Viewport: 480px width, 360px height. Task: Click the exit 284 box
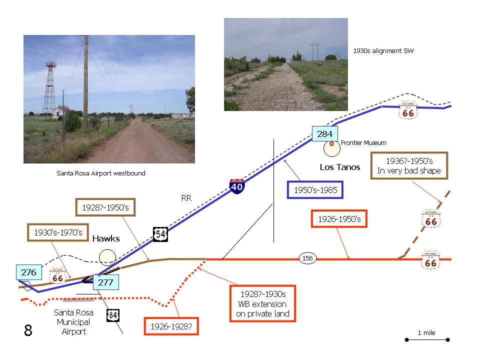pos(325,134)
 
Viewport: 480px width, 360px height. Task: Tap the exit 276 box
pos(29,272)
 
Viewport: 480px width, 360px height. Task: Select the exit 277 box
pos(105,282)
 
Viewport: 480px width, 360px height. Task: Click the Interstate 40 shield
pos(236,186)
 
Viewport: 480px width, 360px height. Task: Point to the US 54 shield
pos(160,234)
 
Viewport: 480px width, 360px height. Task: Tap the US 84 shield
pos(112,315)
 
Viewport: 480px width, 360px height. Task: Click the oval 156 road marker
pos(307,258)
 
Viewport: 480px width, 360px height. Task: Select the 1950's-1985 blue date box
pos(315,190)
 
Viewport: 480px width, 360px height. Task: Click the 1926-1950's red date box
pos(339,219)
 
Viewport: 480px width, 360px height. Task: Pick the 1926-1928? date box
pos(171,326)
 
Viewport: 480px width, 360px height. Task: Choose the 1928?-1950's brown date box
pos(105,207)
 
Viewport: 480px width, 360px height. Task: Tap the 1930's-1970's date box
pos(58,232)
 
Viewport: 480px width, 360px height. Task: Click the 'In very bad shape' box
pos(409,165)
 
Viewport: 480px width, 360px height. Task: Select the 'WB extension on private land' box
pos(262,303)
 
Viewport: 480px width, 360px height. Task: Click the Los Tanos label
pos(340,167)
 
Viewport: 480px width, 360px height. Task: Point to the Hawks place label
pos(106,238)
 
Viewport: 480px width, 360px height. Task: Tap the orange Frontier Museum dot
pos(331,143)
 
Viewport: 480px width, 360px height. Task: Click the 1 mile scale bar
pos(427,339)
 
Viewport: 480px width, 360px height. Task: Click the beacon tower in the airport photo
pos(49,89)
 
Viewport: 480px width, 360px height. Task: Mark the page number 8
pos(28,330)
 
